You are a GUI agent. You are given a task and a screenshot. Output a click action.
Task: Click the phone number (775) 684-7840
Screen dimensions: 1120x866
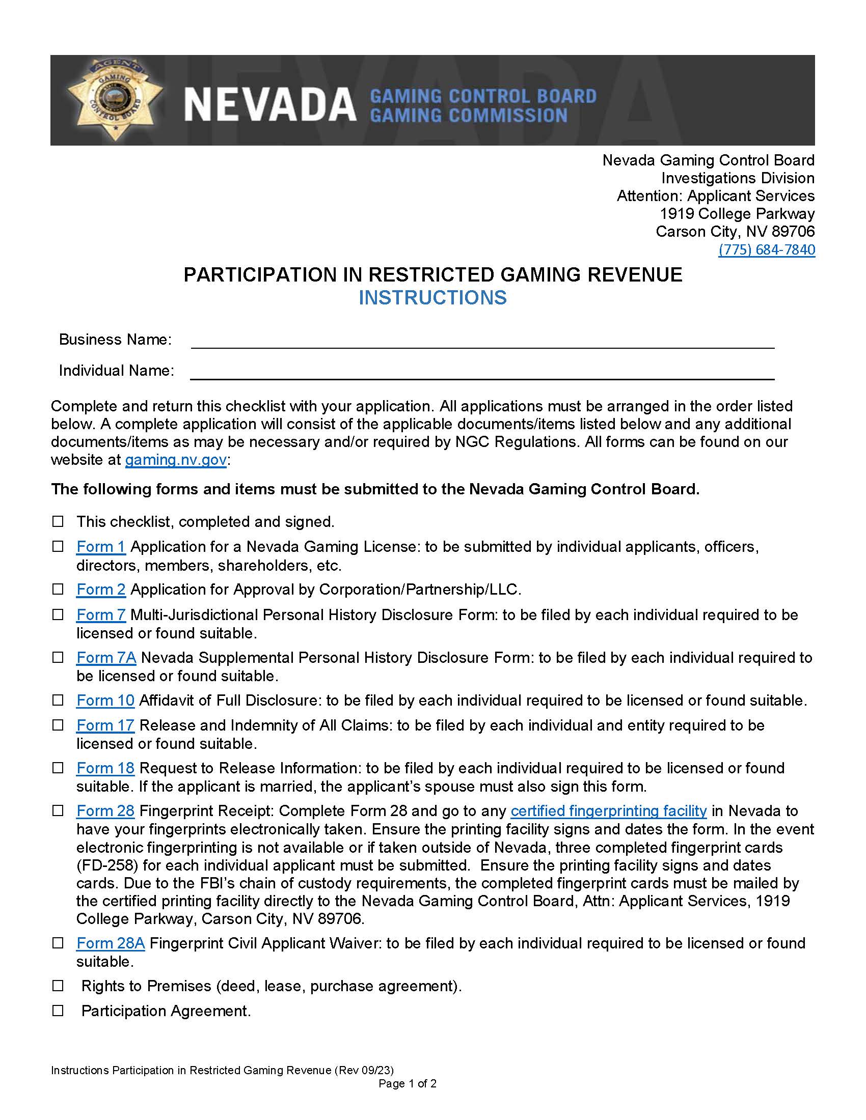[766, 250]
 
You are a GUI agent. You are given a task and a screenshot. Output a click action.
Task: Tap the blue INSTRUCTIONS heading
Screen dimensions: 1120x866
[432, 298]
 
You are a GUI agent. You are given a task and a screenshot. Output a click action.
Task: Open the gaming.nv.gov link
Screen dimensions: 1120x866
[175, 460]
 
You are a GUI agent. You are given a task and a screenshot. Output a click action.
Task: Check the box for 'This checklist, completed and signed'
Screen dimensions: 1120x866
[58, 521]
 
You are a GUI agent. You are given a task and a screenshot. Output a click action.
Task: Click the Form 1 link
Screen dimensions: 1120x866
[100, 547]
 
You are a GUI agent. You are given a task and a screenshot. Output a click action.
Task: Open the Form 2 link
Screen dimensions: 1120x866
[100, 589]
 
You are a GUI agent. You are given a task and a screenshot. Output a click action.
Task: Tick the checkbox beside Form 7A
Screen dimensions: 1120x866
[58, 657]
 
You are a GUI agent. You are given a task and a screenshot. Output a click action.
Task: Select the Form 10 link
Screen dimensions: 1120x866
[105, 700]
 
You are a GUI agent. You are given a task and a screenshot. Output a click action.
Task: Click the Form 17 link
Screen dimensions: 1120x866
[105, 725]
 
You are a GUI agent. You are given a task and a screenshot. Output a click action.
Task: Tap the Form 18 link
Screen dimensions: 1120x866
[105, 768]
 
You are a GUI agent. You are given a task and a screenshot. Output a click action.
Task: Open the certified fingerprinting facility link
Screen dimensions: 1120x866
[608, 811]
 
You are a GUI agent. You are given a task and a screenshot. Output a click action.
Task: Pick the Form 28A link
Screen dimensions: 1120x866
[111, 943]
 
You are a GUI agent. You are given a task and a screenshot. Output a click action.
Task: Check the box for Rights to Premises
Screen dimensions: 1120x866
[58, 986]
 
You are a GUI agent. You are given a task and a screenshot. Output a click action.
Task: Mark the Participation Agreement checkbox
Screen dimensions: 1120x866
[58, 1011]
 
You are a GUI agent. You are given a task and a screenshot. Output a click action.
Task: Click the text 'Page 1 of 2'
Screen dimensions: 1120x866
[408, 1083]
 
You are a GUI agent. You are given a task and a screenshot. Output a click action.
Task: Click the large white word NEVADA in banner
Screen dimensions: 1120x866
[270, 105]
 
